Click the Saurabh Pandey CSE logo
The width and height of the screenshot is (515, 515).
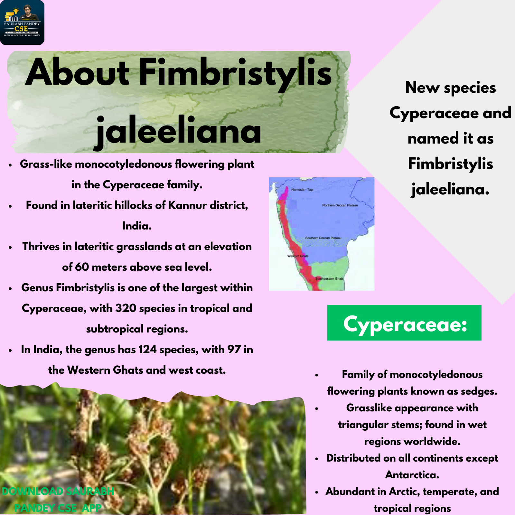[22, 22]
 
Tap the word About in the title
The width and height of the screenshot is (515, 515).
[77, 72]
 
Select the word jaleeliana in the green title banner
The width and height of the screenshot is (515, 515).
[179, 130]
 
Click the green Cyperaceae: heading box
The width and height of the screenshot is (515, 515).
[404, 323]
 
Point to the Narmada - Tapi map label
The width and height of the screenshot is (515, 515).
[302, 190]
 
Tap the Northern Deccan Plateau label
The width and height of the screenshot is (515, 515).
[340, 205]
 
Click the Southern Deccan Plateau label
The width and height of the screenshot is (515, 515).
[323, 238]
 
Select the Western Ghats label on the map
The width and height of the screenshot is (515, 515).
[298, 256]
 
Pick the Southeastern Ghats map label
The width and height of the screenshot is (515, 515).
[329, 279]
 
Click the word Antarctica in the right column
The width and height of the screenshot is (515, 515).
[412, 475]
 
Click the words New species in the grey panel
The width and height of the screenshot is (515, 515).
[450, 88]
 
